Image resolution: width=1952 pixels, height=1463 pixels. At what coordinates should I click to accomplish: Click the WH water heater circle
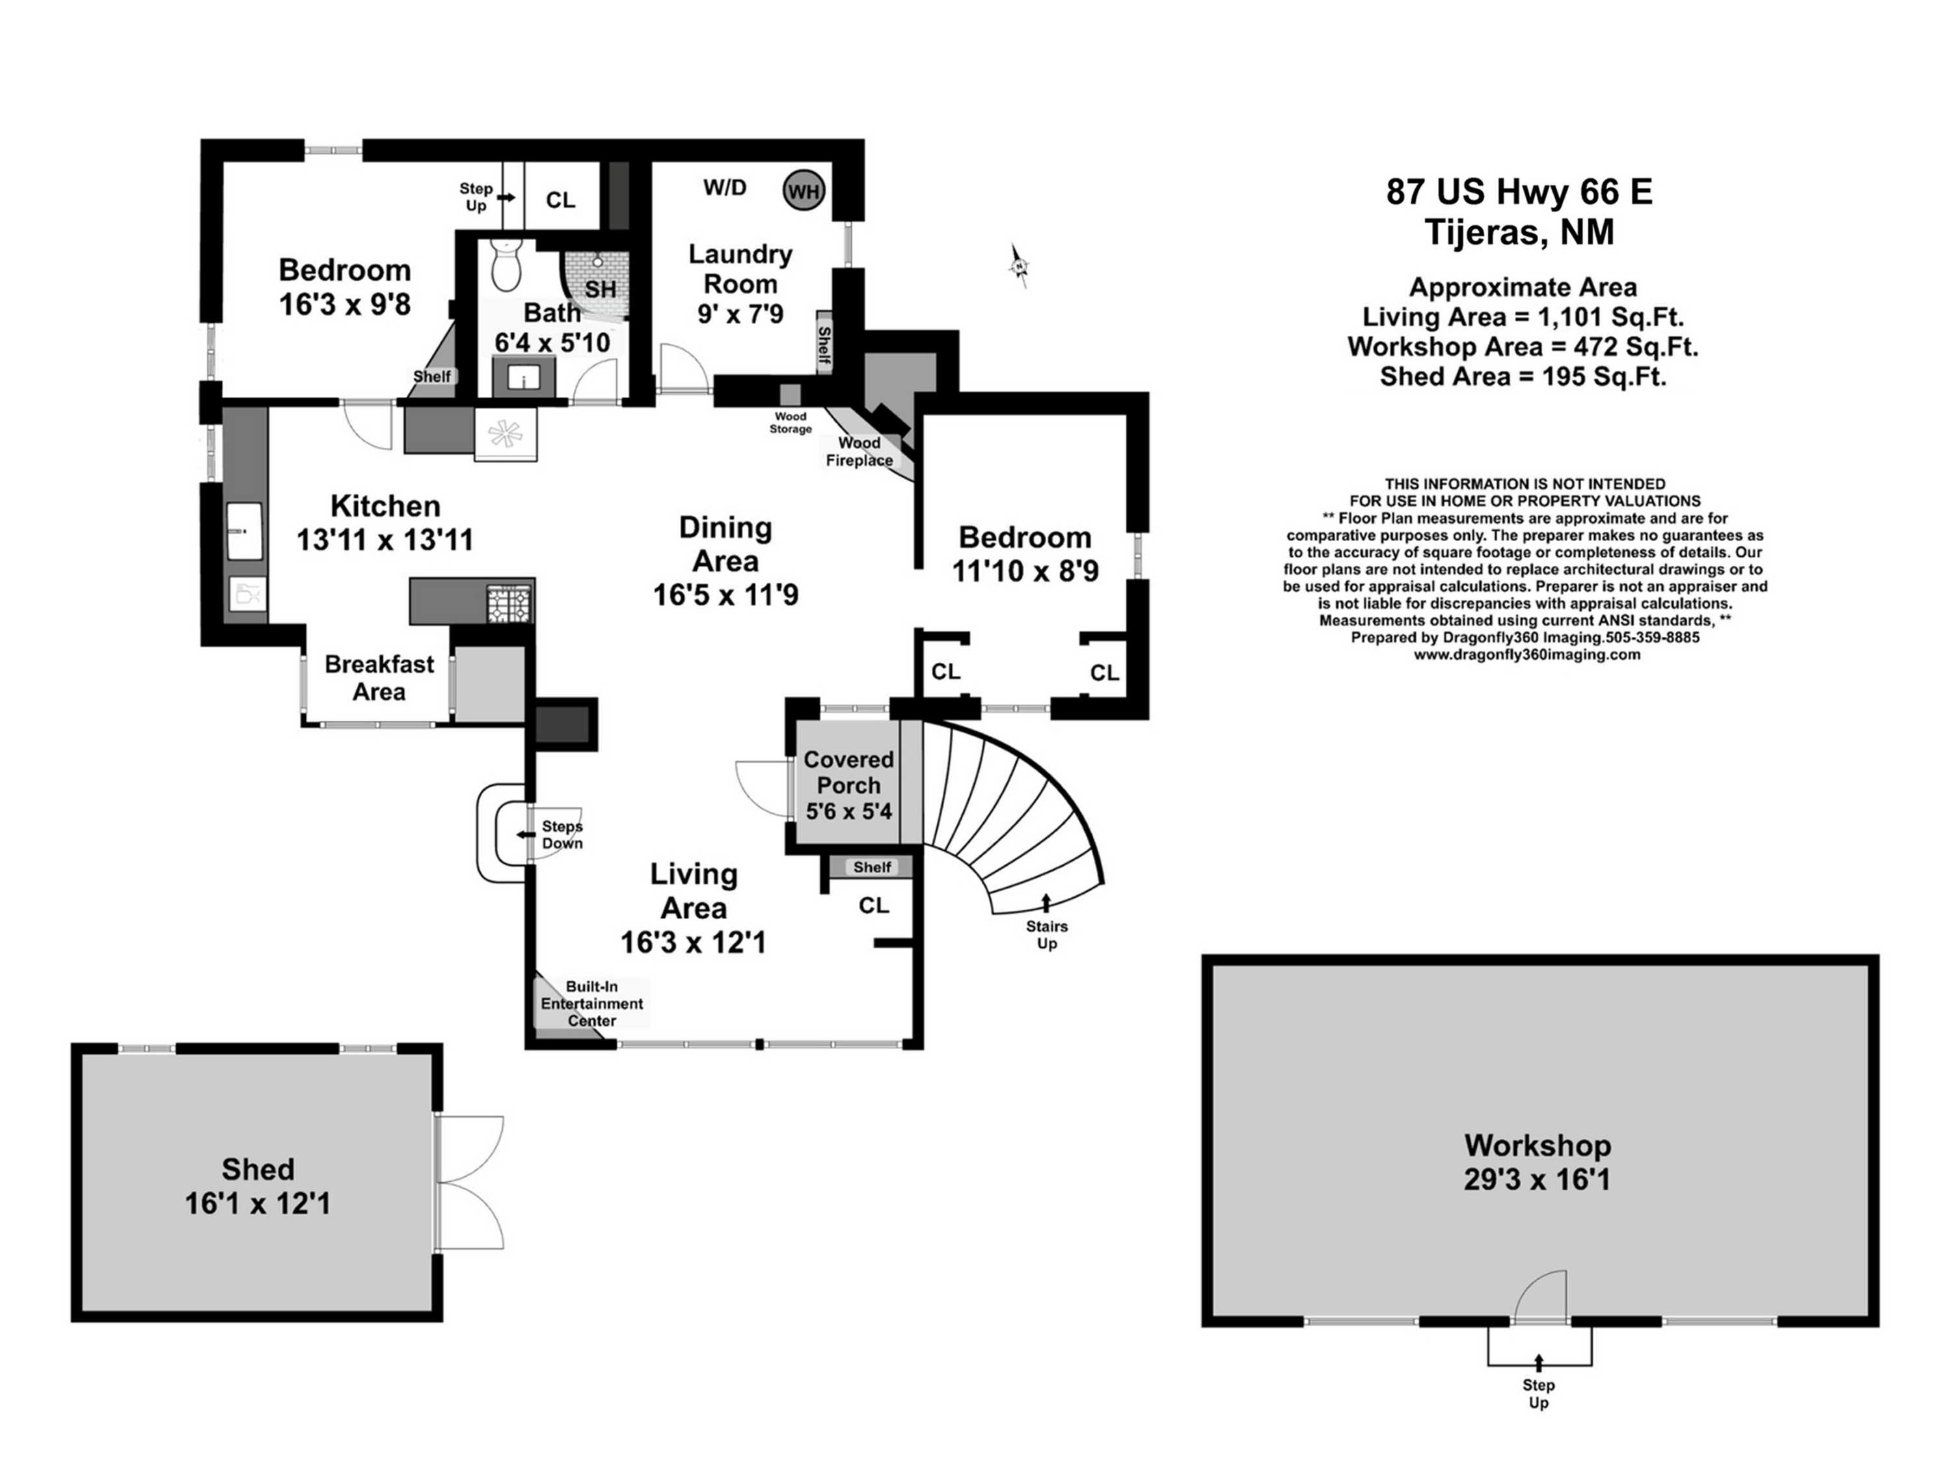coord(803,191)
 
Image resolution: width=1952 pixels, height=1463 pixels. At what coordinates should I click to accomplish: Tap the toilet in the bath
coord(506,264)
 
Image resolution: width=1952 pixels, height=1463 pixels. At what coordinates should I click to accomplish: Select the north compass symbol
coord(1019,265)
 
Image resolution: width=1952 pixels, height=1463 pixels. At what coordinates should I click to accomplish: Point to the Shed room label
coord(258,1169)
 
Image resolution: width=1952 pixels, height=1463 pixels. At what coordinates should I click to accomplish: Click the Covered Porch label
coord(848,772)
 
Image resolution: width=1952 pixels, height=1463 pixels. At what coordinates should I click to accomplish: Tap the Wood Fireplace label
coord(859,451)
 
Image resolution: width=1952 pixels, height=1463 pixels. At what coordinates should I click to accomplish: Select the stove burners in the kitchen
coord(510,604)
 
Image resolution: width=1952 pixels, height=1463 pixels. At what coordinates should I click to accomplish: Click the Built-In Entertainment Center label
coord(591,1003)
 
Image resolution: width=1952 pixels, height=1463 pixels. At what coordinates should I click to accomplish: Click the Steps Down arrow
coord(527,834)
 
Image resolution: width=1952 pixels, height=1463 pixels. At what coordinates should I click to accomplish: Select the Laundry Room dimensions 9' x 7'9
coord(740,314)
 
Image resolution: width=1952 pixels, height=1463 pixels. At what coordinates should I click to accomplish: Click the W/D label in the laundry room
coord(724,187)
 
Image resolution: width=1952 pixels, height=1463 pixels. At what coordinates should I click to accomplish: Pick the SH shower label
coord(600,289)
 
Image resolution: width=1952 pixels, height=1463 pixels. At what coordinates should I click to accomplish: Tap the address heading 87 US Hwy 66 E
coord(1519,191)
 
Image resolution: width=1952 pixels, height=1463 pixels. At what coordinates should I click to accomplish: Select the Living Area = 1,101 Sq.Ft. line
coord(1523,317)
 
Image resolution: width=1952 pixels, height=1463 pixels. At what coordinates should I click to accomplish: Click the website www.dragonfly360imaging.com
coord(1526,654)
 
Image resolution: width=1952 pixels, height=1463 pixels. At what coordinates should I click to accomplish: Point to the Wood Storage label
coord(790,423)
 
